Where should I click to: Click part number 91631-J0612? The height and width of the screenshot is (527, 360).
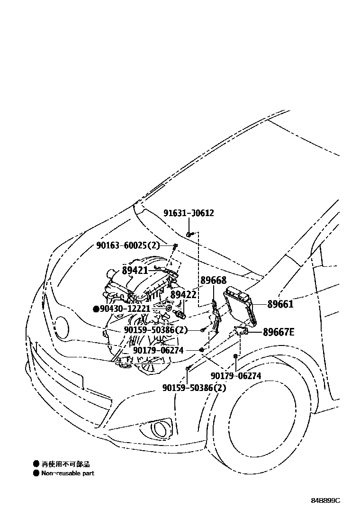189,213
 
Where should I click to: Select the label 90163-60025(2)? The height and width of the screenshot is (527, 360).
128,245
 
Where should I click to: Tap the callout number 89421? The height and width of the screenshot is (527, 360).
135,270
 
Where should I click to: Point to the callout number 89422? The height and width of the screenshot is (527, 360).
183,295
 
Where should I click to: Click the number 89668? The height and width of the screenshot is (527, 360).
213,281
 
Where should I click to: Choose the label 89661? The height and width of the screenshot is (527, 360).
280,304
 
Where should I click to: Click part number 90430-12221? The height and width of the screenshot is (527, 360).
125,309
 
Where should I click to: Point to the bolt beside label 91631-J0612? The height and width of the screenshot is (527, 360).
189,234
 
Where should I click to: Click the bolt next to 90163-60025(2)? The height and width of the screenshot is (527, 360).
175,246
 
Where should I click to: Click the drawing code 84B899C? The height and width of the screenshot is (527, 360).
325,501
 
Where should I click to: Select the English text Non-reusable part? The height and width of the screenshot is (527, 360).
67,473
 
